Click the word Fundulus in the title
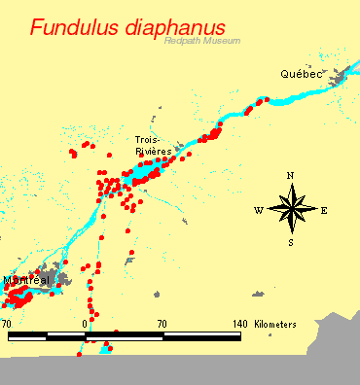click(x=77, y=27)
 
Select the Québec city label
click(x=300, y=74)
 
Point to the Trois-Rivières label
click(x=153, y=146)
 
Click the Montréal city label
click(x=25, y=280)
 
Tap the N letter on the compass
click(x=291, y=175)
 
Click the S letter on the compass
click(x=291, y=242)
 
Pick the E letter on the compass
click(x=324, y=210)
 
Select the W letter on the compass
click(x=258, y=210)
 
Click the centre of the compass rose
click(x=291, y=209)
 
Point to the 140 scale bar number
click(x=239, y=323)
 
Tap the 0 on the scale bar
click(x=87, y=323)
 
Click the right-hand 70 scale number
click(x=162, y=323)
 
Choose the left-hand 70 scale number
click(x=8, y=323)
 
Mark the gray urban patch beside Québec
click(x=340, y=78)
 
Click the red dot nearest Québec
click(x=265, y=99)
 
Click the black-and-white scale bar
click(x=125, y=336)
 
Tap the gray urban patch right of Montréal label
click(x=63, y=279)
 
